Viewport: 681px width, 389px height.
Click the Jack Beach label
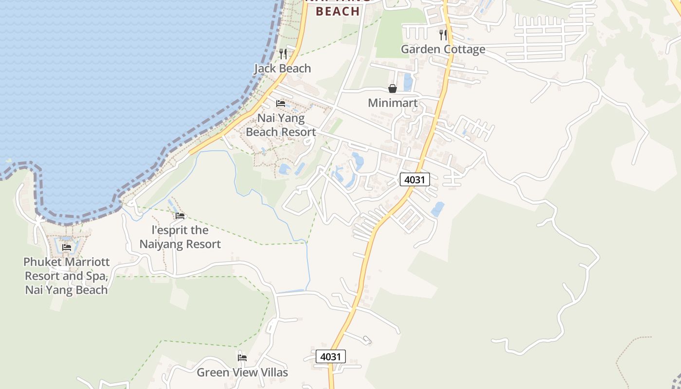[282, 69]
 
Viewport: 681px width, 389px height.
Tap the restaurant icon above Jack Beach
[283, 53]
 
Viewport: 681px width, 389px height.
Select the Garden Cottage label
[443, 49]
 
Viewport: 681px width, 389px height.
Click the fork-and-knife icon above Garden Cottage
[443, 35]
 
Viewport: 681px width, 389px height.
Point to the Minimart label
[393, 103]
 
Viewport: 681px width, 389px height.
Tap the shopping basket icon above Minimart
[393, 88]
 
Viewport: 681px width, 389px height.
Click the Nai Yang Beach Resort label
[281, 125]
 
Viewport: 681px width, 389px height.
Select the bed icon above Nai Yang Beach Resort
[281, 104]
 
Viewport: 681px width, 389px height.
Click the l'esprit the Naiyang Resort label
[180, 237]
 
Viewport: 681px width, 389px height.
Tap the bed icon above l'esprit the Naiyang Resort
[180, 215]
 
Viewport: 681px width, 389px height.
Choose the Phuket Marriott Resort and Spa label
[67, 276]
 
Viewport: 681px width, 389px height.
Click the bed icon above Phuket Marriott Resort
[67, 248]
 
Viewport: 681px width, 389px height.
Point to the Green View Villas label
[242, 372]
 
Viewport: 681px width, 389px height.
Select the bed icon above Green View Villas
[242, 358]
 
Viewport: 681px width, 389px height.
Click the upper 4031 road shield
[415, 179]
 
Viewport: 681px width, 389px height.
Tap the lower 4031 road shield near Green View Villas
[331, 356]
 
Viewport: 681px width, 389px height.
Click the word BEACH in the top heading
[338, 11]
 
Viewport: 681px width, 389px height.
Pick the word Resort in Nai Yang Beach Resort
[298, 132]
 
